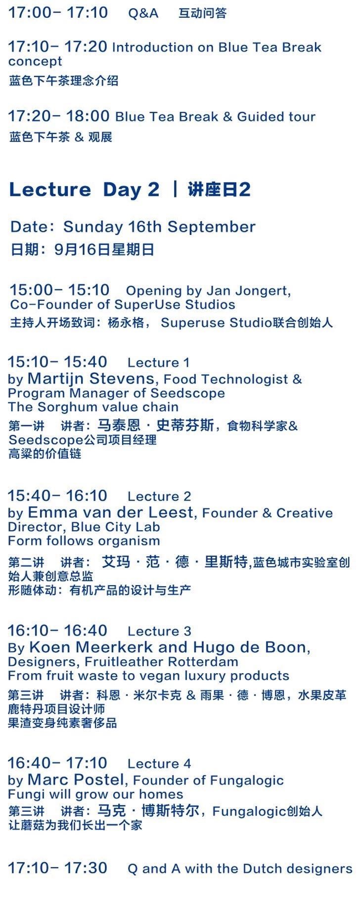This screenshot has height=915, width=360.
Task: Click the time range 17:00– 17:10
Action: click(x=58, y=12)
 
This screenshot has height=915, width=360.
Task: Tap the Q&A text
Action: click(x=143, y=13)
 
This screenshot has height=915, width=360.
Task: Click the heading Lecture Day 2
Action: click(x=85, y=189)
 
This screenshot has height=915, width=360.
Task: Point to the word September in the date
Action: click(x=212, y=227)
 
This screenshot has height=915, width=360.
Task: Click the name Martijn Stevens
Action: click(x=91, y=378)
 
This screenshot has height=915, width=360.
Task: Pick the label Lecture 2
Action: click(x=159, y=496)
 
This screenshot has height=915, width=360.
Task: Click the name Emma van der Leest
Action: click(x=110, y=512)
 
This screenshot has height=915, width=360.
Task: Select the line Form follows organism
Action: click(x=84, y=541)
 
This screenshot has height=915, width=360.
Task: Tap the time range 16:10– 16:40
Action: click(x=58, y=631)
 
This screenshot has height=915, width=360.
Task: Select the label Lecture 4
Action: click(x=159, y=764)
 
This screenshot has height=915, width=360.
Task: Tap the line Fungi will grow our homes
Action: click(x=96, y=794)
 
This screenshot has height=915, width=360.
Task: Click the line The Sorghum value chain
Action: click(x=93, y=407)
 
